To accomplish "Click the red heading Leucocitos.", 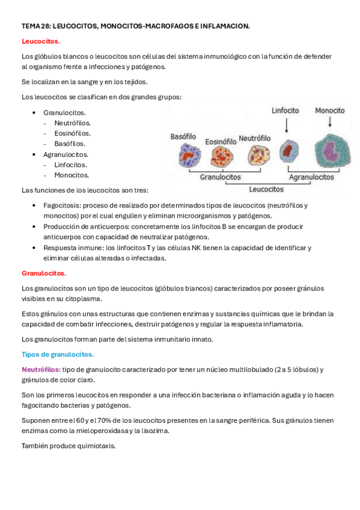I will coord(41,41).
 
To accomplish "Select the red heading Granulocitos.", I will coord(44,273).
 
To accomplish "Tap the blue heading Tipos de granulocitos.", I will coord(58,354).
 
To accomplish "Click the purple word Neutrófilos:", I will coord(41,369).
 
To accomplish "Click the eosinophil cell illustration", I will coord(220,158).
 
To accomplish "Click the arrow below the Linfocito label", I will coord(287,125).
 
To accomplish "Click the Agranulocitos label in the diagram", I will coord(311,177).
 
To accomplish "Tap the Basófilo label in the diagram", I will coord(184,136).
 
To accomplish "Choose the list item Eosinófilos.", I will coord(72,134).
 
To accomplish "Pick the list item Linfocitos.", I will coord(70,165).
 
